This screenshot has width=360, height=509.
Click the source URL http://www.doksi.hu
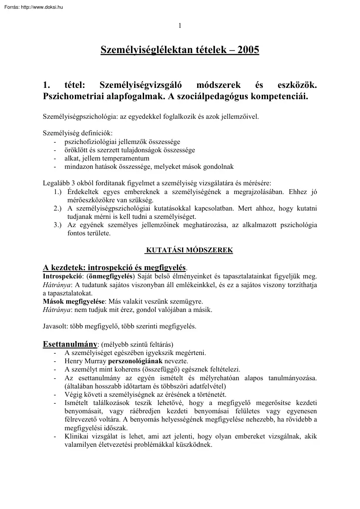pyautogui.click(x=42, y=7)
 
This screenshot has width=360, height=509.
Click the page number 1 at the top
pyautogui.click(x=179, y=25)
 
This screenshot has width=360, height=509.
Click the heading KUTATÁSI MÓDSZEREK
pyautogui.click(x=189, y=250)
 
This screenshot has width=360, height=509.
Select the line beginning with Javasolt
pyautogui.click(x=119, y=326)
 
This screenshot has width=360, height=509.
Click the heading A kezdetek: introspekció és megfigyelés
pyautogui.click(x=114, y=267)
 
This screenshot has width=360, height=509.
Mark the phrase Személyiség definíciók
pyautogui.click(x=77, y=134)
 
